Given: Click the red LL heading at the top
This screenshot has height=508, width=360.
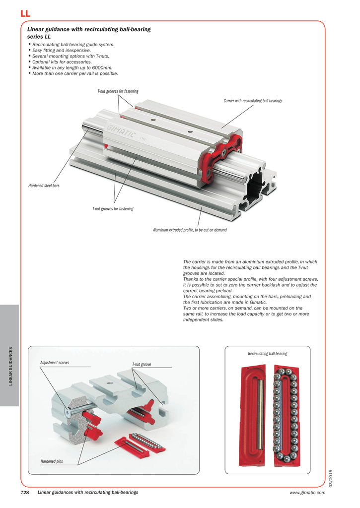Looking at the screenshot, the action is [25, 13].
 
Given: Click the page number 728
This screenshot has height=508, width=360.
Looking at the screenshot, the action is [25, 493].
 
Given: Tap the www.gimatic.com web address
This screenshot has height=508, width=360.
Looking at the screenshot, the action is [307, 493].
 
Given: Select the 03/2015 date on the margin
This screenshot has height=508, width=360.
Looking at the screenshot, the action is [331, 479].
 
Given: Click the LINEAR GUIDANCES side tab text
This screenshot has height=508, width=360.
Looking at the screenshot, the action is [10, 366].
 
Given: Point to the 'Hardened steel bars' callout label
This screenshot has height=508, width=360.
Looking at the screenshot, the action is [44, 186].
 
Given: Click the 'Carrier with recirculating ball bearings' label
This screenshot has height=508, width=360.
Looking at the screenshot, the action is [253, 101].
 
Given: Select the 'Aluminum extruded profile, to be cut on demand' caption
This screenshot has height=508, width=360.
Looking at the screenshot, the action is [190, 230].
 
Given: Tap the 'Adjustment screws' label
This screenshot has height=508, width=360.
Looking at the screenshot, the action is [55, 363].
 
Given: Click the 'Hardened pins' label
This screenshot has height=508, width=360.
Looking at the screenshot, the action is [52, 461].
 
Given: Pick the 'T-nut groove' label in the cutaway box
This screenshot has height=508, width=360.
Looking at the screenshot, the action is [142, 365].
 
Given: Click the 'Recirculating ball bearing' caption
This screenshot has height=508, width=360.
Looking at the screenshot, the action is [268, 354].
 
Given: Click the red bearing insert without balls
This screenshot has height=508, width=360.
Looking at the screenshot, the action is [253, 415].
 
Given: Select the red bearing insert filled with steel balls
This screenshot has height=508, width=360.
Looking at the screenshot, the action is [286, 415].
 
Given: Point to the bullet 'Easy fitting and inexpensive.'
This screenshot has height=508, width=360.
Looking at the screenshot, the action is [61, 50].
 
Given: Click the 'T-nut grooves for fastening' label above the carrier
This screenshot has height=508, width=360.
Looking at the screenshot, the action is [118, 91].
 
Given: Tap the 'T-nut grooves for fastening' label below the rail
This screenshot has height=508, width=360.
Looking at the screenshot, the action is [113, 209].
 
